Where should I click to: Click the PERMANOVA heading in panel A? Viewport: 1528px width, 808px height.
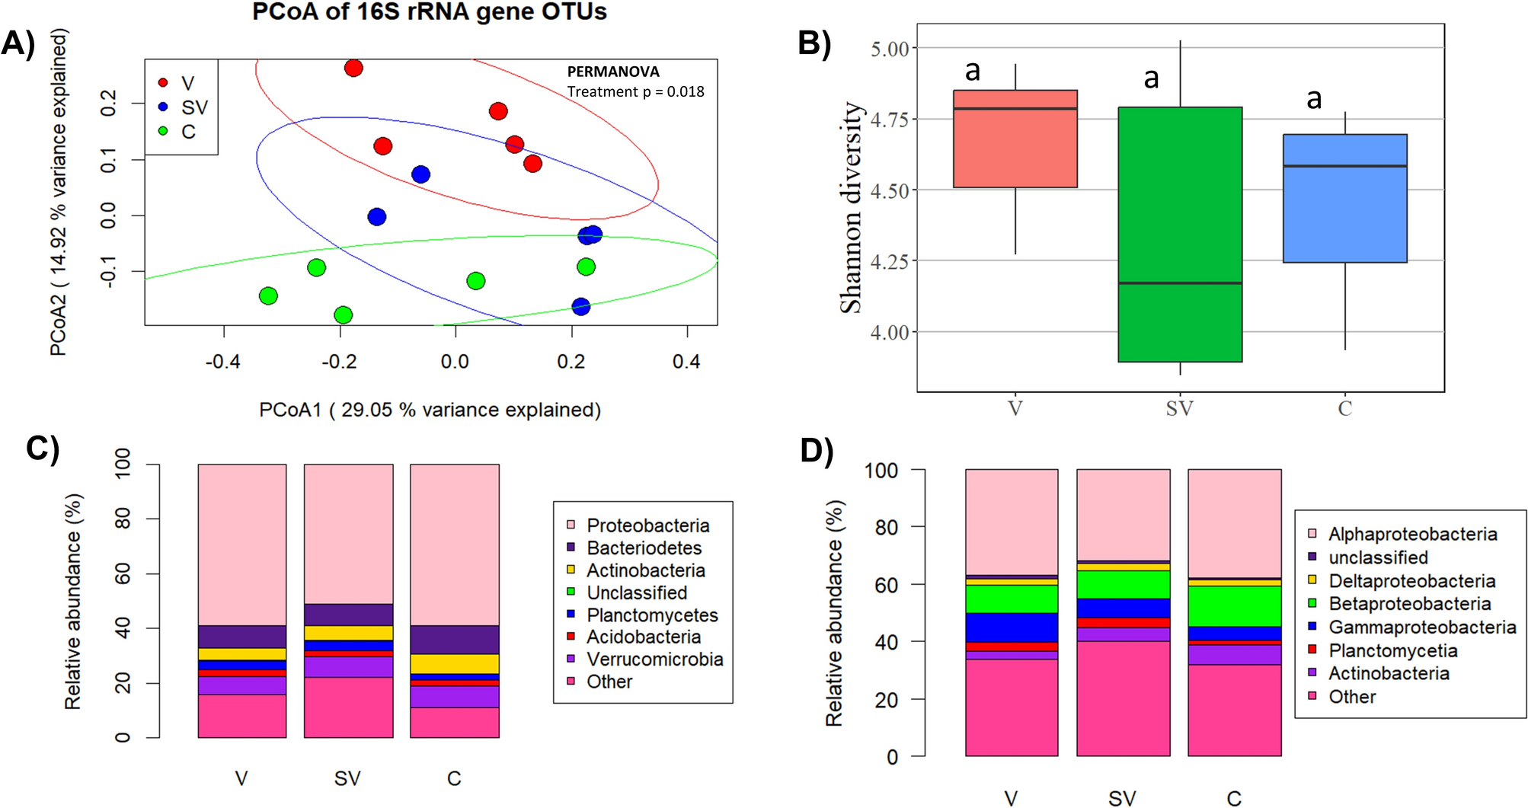click(613, 72)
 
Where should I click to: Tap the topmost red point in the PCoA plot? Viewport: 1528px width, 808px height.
click(353, 69)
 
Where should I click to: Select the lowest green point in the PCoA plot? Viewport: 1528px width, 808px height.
click(343, 315)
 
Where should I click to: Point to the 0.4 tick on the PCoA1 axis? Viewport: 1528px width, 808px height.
click(686, 361)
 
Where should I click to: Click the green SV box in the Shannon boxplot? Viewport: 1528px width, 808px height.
click(1180, 234)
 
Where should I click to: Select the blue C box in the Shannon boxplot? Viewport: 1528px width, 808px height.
click(1344, 199)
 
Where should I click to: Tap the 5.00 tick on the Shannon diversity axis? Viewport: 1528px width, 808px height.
click(890, 49)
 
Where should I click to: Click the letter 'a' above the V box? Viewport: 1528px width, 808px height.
click(973, 71)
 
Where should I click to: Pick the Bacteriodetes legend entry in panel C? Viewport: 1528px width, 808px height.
click(644, 548)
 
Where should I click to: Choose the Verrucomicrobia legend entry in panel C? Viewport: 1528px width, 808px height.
click(654, 659)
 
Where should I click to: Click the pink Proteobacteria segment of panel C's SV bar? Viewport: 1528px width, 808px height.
click(348, 533)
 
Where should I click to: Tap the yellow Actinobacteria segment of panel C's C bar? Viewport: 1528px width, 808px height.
click(455, 663)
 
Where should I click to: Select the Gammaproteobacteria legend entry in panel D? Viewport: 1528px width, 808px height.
click(1421, 627)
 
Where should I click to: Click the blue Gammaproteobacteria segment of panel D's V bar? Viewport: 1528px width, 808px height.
click(1011, 628)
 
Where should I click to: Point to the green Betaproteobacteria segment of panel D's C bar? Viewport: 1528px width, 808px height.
click(1234, 606)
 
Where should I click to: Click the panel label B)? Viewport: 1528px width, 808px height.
click(814, 43)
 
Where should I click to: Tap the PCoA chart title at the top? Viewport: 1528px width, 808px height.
click(430, 12)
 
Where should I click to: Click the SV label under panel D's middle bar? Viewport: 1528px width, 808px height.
click(1122, 797)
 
